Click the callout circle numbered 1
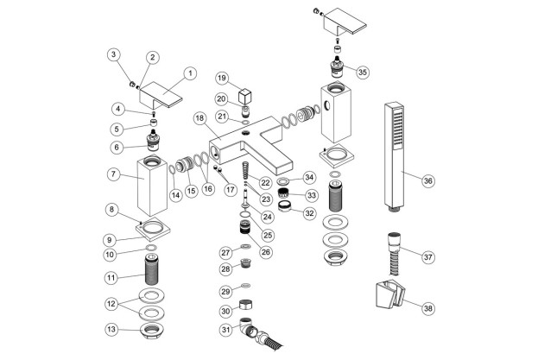coord(190,73)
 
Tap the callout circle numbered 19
coord(222,79)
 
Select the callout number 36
coord(427,180)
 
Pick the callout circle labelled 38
coord(427,308)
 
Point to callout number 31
coord(225,330)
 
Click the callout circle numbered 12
coord(111,304)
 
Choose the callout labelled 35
coord(363,72)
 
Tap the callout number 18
coord(199,118)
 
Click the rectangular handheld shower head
coord(394,156)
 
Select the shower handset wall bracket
coord(390,294)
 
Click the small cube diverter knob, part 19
coord(244,96)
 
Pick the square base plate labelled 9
coord(153,230)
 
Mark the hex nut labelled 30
coord(245,305)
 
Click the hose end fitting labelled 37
coord(394,253)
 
